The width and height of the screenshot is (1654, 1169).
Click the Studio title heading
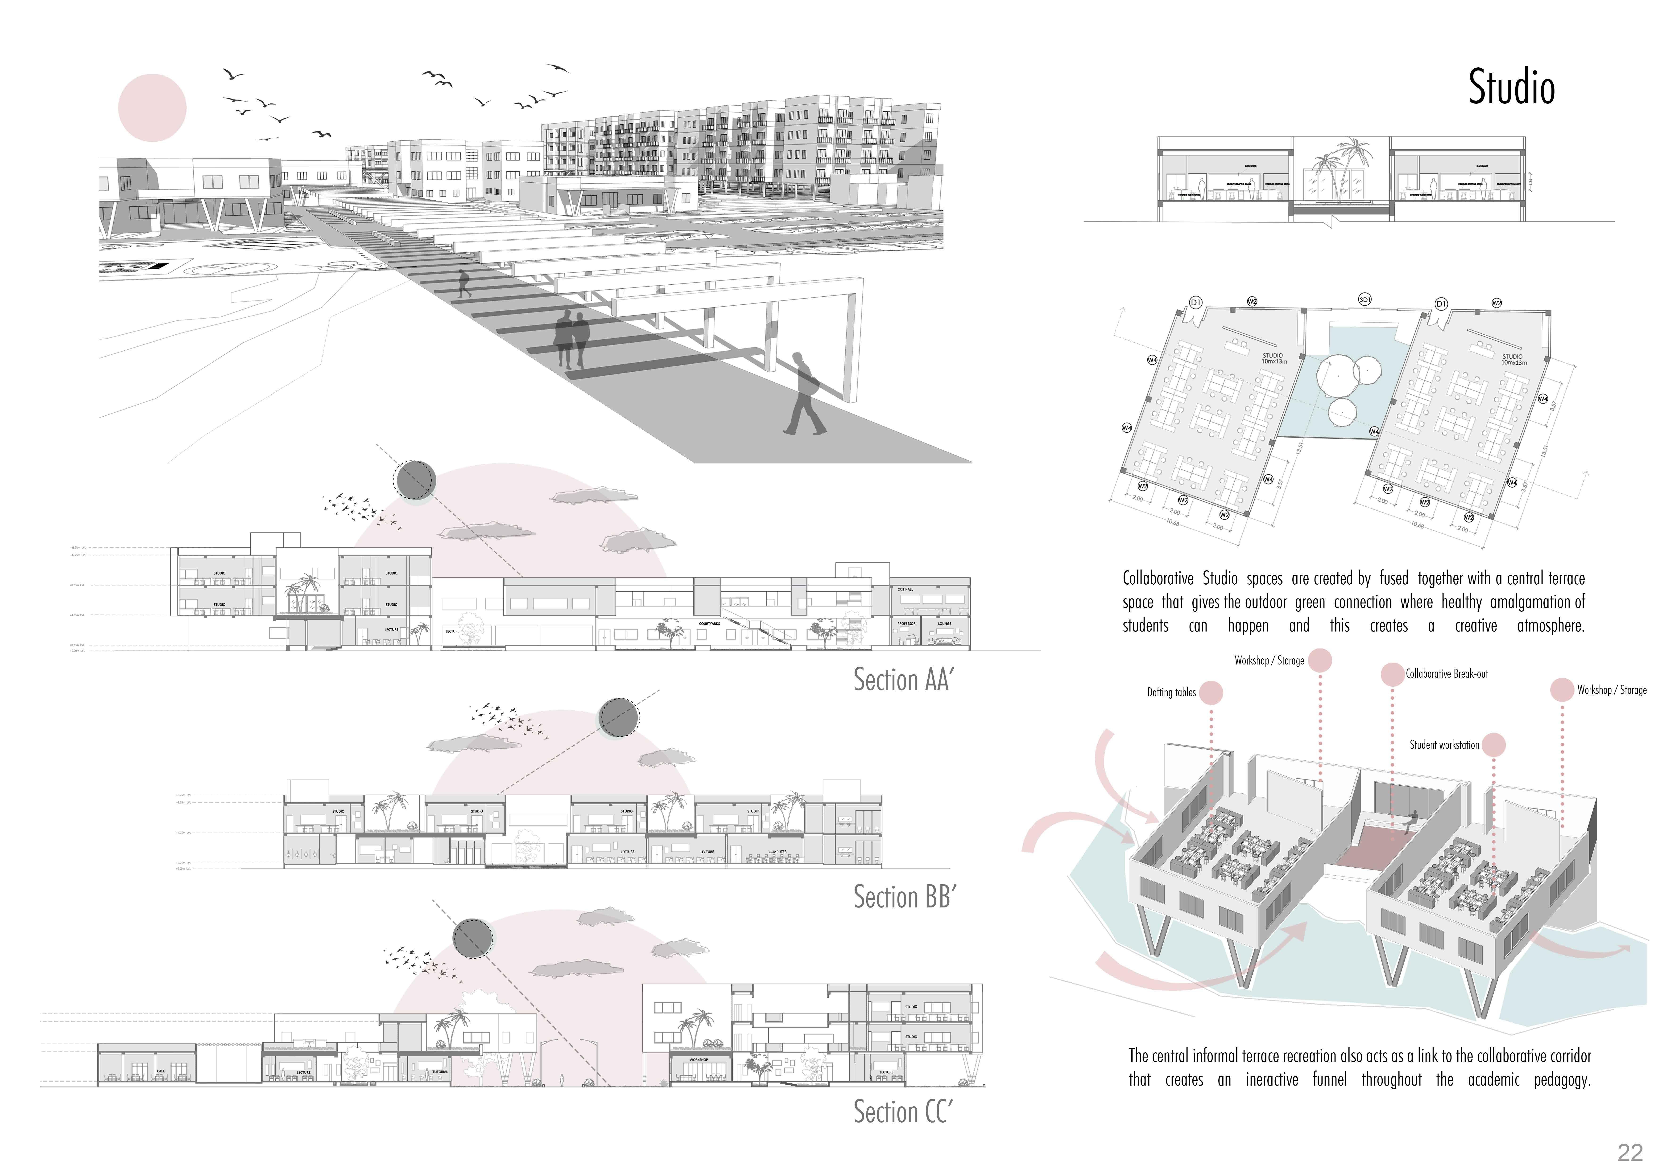[1511, 88]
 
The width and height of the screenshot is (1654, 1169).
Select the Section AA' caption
[902, 679]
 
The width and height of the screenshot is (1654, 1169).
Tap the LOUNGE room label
[944, 624]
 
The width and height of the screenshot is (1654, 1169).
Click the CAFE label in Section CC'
[161, 1071]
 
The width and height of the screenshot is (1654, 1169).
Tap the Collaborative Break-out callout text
[1447, 674]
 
